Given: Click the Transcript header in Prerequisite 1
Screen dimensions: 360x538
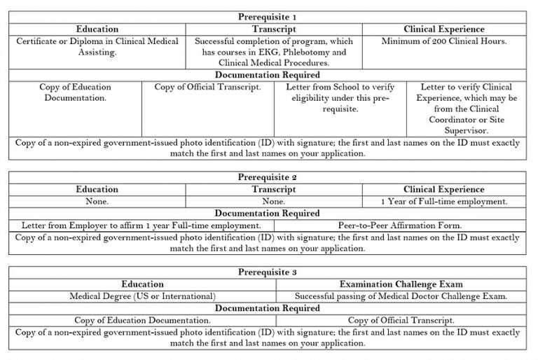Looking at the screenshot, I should (273, 29).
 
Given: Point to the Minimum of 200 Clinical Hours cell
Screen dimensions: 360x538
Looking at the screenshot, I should (444, 41).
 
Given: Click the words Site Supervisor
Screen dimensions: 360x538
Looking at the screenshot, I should (469, 131).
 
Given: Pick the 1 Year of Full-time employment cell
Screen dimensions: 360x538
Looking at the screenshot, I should (444, 202).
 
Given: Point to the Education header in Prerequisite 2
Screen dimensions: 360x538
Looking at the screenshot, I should (97, 190).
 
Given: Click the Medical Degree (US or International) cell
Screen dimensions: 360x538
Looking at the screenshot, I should (142, 296).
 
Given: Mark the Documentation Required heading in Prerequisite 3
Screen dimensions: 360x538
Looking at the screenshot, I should (267, 308).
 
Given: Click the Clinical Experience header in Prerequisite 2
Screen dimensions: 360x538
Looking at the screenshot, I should (444, 190).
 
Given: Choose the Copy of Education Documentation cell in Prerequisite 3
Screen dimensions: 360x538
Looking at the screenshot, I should (142, 320).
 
